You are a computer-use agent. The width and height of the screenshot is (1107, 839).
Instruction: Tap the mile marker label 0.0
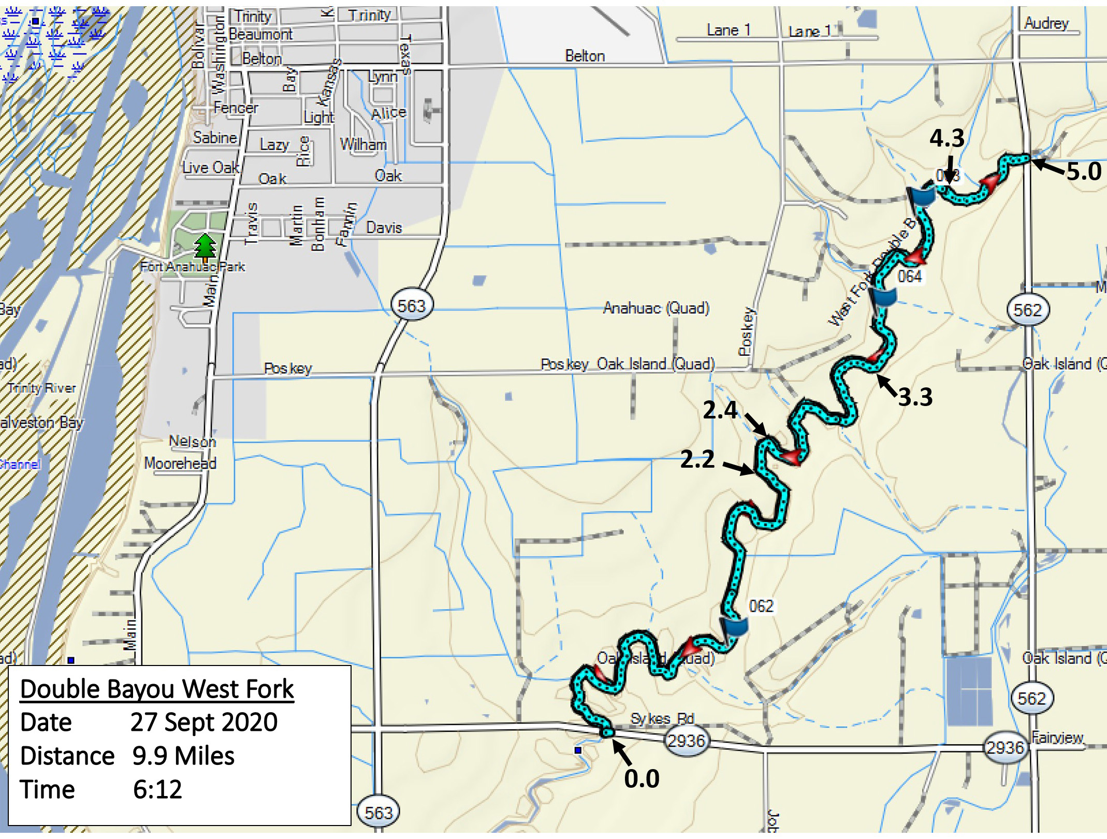click(642, 779)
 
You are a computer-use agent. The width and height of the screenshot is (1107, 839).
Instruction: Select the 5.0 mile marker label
click(1084, 171)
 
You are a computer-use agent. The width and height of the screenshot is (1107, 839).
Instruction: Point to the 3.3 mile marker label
click(915, 397)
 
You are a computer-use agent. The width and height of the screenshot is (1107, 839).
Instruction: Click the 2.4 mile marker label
click(720, 410)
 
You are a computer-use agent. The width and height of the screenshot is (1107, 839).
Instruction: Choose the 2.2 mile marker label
click(697, 459)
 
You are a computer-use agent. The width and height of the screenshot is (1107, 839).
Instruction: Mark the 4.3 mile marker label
click(947, 138)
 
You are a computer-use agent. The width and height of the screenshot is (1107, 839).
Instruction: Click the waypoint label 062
click(761, 606)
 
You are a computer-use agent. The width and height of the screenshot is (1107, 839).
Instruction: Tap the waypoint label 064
click(910, 277)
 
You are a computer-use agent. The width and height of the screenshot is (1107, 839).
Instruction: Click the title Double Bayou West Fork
click(157, 689)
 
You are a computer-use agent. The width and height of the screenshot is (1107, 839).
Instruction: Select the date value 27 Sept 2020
click(204, 722)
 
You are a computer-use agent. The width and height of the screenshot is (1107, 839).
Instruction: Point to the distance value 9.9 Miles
click(183, 756)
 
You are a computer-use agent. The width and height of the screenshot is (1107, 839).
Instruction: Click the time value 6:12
click(157, 790)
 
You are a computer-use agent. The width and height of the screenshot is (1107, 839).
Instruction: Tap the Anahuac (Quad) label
click(656, 308)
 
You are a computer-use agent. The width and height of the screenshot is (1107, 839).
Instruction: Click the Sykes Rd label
click(662, 719)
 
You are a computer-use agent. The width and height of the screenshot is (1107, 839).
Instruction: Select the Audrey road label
click(1046, 23)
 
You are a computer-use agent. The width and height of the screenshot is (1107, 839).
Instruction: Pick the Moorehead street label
click(180, 463)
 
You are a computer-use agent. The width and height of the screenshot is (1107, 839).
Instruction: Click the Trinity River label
click(41, 388)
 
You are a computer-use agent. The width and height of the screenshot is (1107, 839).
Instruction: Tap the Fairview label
click(1057, 737)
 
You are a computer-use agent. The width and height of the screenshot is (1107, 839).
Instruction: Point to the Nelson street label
click(192, 441)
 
